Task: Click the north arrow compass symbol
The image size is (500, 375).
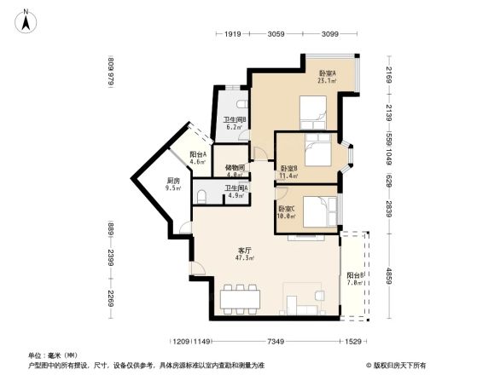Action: [x=27, y=20]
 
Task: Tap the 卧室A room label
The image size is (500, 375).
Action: [x=327, y=73]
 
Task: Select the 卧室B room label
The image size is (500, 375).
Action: [x=288, y=168]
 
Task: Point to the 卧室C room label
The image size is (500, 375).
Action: [x=287, y=209]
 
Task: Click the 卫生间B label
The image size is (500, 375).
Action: [x=235, y=119]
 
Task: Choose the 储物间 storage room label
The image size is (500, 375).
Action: [x=235, y=168]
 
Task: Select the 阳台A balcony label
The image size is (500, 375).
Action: [x=198, y=154]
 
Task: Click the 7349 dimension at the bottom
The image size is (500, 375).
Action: [x=275, y=342]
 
